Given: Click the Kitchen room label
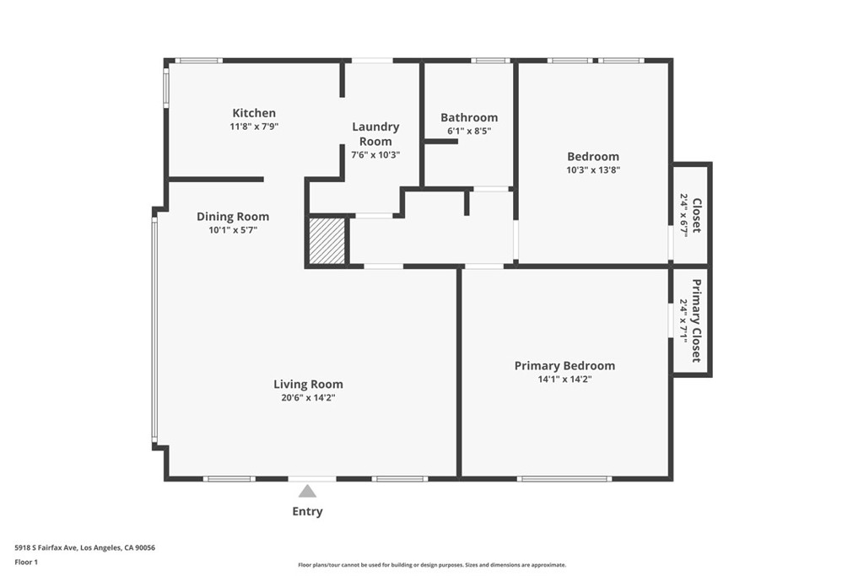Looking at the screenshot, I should click(x=254, y=113).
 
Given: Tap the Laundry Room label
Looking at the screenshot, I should click(x=375, y=134).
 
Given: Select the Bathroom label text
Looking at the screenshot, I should click(x=469, y=117).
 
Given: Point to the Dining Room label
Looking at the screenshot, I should click(x=233, y=217).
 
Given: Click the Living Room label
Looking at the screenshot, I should click(x=308, y=384).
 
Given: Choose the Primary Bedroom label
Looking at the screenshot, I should click(x=564, y=365).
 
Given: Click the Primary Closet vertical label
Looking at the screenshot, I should click(x=697, y=320).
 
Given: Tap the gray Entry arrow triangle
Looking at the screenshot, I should click(x=307, y=491).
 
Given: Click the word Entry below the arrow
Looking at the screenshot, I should click(x=307, y=511).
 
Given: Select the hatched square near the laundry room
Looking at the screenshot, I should click(x=327, y=241).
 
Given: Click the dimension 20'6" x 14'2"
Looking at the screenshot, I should click(x=308, y=398).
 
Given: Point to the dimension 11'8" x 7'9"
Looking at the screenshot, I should click(x=254, y=127).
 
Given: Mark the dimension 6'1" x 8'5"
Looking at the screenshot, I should click(x=469, y=132).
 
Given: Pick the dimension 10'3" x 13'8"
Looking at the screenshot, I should click(x=592, y=170).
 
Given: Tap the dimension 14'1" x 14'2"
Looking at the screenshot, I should click(x=564, y=380).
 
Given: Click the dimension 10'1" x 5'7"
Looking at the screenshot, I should click(x=233, y=229).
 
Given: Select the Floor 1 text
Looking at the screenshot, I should click(x=26, y=561).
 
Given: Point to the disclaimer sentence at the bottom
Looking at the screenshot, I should click(x=431, y=565).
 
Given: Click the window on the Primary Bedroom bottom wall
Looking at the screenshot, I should click(x=564, y=479).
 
